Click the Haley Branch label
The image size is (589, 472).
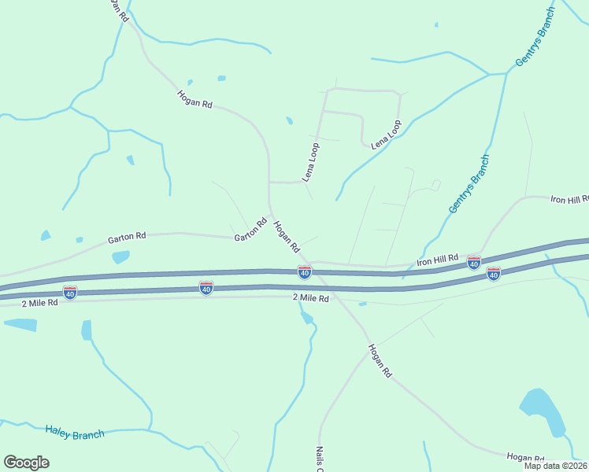[75, 433]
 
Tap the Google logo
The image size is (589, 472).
[26, 463]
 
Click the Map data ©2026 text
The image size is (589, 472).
[555, 466]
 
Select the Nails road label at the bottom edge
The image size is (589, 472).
[320, 460]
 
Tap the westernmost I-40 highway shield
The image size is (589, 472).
[70, 293]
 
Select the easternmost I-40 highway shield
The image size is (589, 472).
[493, 274]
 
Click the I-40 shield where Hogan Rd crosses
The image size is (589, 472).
[305, 272]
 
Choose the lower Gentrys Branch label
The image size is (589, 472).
[469, 184]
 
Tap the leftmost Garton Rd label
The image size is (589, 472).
[127, 236]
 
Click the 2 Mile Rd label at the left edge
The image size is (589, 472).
[40, 303]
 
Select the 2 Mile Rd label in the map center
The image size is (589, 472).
[309, 297]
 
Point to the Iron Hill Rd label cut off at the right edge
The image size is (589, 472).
[569, 200]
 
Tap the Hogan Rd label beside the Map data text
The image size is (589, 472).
[524, 457]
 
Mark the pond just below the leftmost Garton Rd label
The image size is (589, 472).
[120, 256]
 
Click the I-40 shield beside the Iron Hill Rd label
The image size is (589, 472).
[474, 262]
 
